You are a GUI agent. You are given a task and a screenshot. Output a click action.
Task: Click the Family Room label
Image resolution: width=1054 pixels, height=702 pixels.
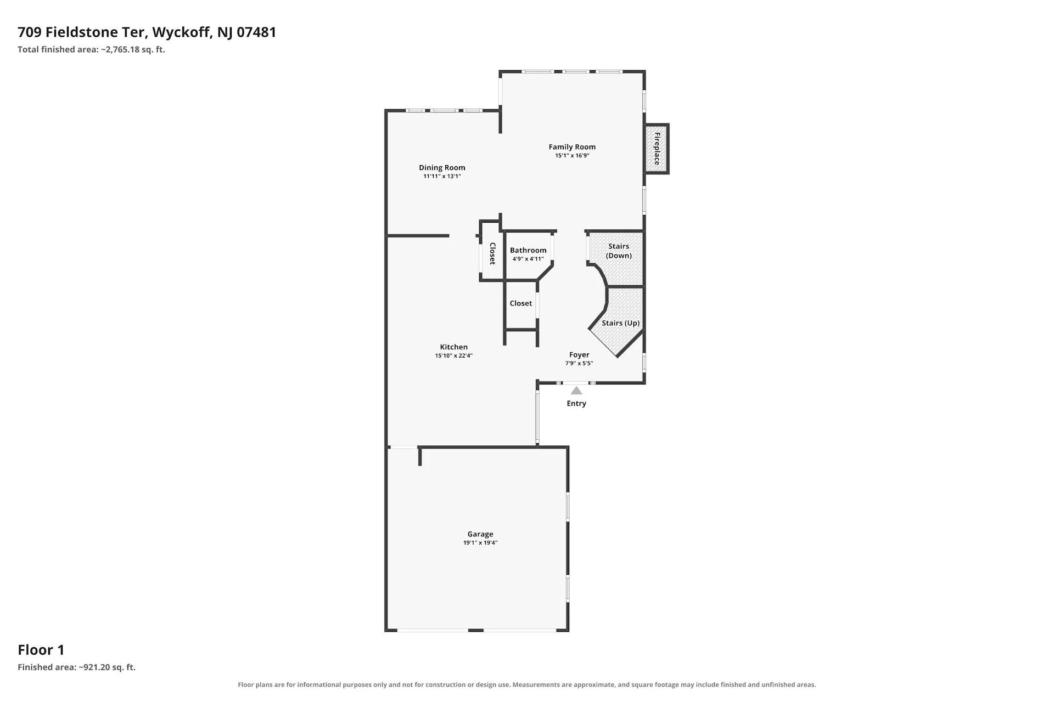[x=572, y=147]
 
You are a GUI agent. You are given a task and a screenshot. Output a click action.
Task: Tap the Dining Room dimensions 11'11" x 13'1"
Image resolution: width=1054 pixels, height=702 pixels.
[x=442, y=177]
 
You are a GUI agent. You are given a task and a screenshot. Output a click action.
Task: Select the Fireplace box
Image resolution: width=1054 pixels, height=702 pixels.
[x=657, y=149]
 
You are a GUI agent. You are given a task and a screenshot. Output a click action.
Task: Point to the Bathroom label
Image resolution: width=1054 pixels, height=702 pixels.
[x=528, y=251]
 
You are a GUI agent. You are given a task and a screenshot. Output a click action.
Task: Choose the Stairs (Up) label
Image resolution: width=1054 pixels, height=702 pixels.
[x=621, y=323]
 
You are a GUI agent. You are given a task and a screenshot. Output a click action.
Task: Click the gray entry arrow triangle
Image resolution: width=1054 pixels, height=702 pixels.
[x=576, y=390]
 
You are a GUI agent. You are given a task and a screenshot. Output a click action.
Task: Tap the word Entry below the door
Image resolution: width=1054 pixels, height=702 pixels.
[x=576, y=404]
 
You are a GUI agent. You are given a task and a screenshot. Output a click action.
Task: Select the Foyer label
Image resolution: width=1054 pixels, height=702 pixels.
[x=579, y=355]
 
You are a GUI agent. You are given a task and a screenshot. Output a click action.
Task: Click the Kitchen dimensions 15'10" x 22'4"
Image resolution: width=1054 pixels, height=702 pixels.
[x=454, y=356]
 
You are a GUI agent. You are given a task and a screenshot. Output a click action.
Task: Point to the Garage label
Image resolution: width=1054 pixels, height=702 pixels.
[x=480, y=534]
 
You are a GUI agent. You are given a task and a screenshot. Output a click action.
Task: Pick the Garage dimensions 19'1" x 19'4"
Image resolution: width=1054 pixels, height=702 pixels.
[x=480, y=543]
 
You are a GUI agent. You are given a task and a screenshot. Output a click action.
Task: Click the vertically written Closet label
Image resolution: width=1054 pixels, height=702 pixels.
[x=492, y=253]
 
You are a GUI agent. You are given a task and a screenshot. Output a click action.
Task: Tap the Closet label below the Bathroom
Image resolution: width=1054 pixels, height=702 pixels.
[x=521, y=303]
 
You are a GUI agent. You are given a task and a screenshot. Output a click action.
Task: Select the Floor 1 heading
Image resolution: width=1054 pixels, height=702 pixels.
[x=41, y=650]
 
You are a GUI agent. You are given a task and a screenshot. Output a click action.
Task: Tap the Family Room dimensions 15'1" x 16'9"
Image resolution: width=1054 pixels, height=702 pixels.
[x=572, y=156]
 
